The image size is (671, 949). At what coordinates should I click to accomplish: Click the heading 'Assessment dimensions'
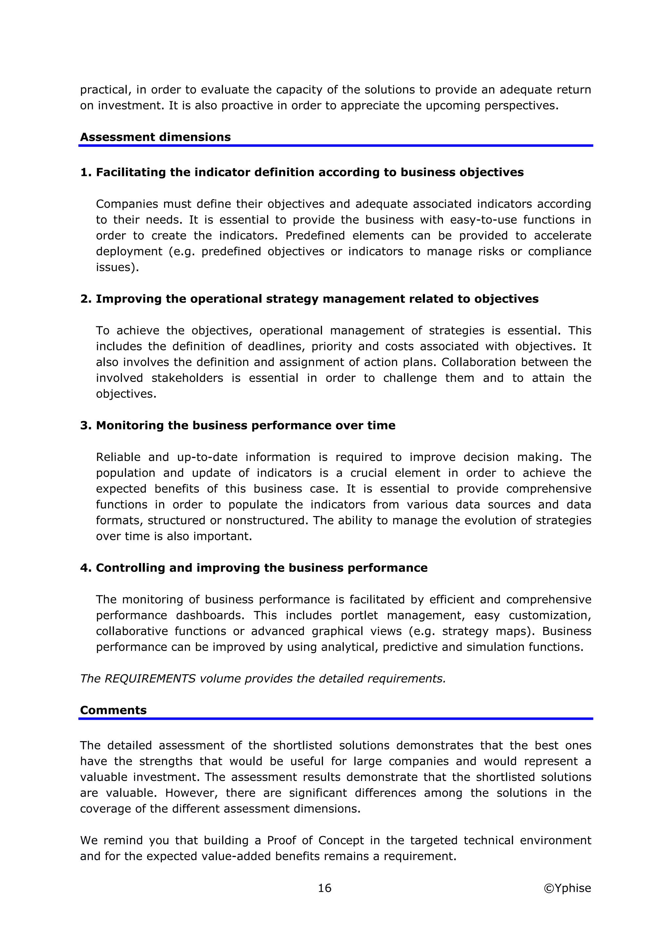[x=155, y=137]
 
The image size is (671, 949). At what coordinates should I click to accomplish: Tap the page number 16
[x=325, y=888]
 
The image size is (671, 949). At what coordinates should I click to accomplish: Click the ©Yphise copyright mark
[x=567, y=888]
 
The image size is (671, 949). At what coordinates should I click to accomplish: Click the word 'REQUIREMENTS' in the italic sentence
[x=150, y=679]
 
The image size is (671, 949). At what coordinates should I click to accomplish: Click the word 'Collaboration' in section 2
[x=467, y=362]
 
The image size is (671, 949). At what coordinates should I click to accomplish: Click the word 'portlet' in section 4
[x=359, y=615]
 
